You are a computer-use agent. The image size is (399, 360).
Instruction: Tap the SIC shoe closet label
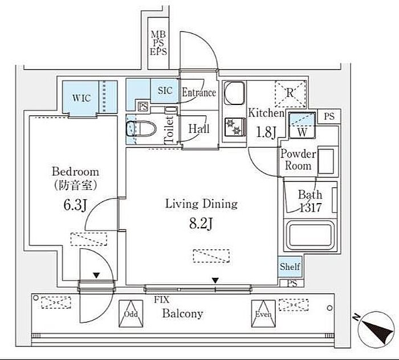pos(165,91)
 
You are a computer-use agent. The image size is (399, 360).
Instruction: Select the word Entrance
pos(198,92)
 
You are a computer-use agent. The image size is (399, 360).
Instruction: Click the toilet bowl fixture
pos(136,128)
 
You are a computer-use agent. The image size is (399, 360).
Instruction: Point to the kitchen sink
pos(233,93)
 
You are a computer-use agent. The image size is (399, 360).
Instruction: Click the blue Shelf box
pos(290,266)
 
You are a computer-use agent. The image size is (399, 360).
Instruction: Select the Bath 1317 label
pos(311,201)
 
